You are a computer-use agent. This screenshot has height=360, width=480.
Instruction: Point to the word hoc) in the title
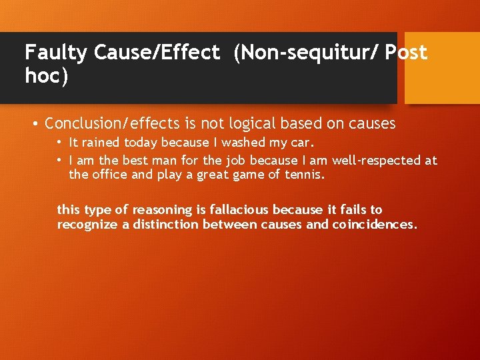47,76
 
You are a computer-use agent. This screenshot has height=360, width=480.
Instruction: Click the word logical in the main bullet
254,124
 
